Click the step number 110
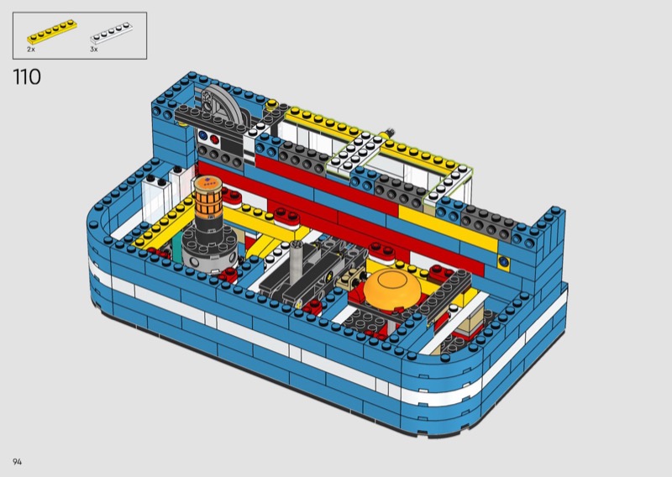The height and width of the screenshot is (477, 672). [27, 77]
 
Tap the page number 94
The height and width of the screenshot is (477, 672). [17, 462]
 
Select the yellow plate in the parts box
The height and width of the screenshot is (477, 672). [52, 31]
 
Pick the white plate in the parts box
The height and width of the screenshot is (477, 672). [111, 34]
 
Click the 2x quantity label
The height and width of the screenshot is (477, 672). [31, 50]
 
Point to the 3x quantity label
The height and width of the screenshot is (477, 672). [94, 50]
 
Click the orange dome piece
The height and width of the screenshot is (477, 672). [392, 286]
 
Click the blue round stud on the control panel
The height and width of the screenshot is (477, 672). [202, 137]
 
